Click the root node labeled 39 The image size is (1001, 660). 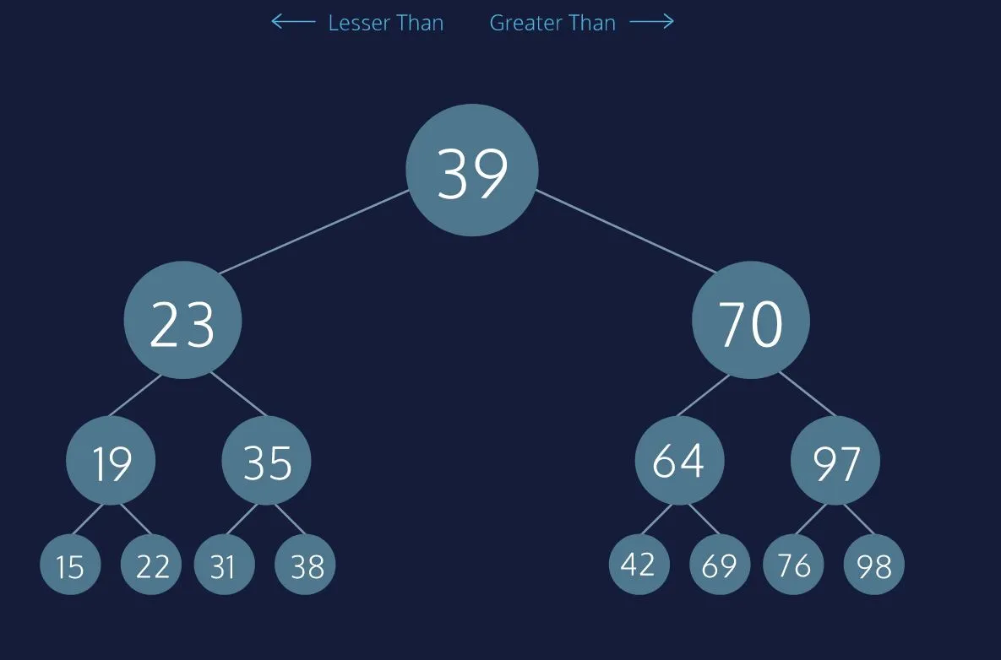click(x=472, y=170)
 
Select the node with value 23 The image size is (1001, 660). click(x=182, y=320)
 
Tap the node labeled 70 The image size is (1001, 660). click(x=751, y=320)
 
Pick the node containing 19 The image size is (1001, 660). click(x=111, y=461)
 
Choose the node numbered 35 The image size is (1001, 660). click(x=266, y=461)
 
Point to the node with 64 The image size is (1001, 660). click(x=679, y=461)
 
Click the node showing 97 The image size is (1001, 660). click(x=835, y=461)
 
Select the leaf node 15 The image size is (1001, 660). click(x=70, y=565)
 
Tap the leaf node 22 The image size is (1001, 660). click(x=150, y=565)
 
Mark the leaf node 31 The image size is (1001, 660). click(x=224, y=565)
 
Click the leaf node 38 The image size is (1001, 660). click(x=305, y=565)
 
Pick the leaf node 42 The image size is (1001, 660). click(x=639, y=565)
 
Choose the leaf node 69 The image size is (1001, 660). click(x=720, y=565)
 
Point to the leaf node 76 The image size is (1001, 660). click(x=793, y=565)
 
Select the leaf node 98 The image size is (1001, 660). click(x=874, y=565)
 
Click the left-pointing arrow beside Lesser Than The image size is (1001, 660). click(x=293, y=22)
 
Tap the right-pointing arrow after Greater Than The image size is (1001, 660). click(x=652, y=22)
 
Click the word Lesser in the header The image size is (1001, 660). click(x=359, y=23)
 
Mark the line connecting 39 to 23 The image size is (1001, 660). click(x=314, y=231)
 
